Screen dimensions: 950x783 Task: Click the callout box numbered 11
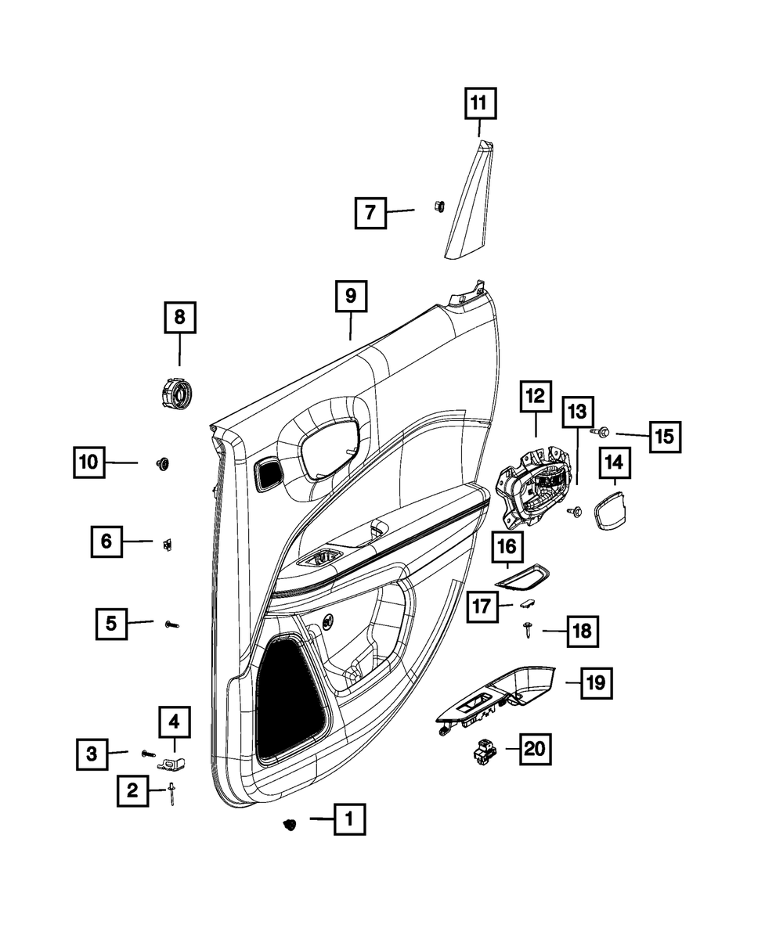pyautogui.click(x=478, y=102)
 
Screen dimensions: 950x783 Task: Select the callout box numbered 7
pyautogui.click(x=370, y=212)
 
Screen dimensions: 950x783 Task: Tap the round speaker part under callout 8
pyautogui.click(x=174, y=391)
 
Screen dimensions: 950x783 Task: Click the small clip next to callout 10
pyautogui.click(x=164, y=463)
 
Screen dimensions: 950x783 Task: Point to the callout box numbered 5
pyautogui.click(x=111, y=624)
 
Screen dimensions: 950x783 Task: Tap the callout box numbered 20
pyautogui.click(x=533, y=749)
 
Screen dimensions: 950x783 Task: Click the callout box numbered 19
pyautogui.click(x=596, y=683)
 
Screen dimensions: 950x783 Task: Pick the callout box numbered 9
pyautogui.click(x=350, y=297)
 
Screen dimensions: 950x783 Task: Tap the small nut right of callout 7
pyautogui.click(x=438, y=207)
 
